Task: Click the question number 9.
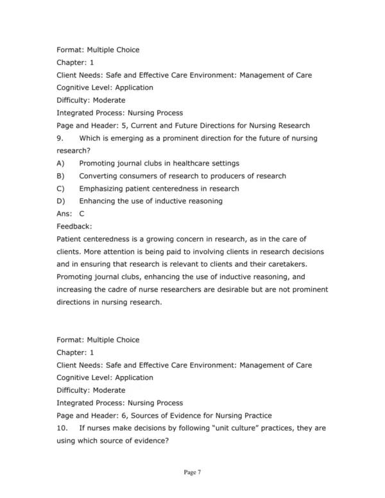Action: click(x=60, y=138)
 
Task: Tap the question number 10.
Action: click(x=62, y=427)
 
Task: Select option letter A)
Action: click(x=60, y=163)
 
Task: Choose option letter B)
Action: click(x=60, y=176)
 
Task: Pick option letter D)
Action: click(x=60, y=201)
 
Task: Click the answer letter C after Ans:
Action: click(x=82, y=214)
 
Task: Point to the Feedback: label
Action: click(x=74, y=226)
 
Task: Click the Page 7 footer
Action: click(x=192, y=473)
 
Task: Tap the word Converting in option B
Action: click(x=99, y=176)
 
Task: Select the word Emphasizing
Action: click(x=104, y=189)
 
